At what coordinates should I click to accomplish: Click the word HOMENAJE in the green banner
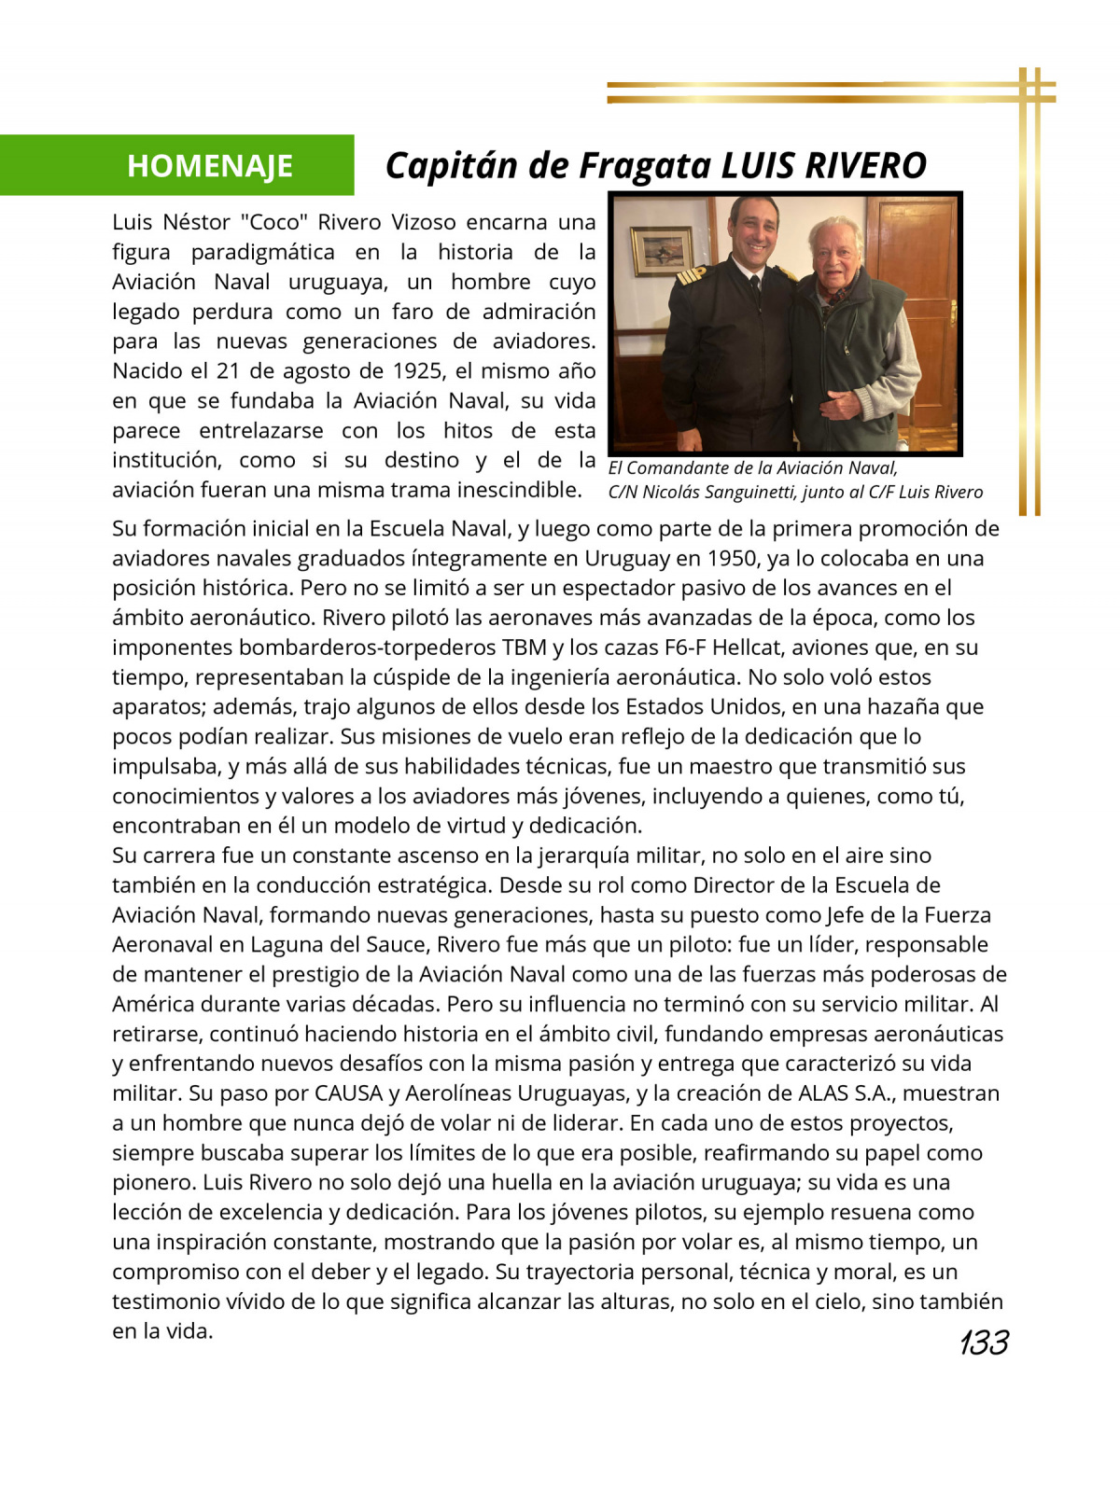click(x=210, y=166)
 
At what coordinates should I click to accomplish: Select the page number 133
click(x=983, y=1343)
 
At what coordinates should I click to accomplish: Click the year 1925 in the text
click(x=417, y=371)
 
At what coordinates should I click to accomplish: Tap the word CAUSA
click(x=349, y=1093)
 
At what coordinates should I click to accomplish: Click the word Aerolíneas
click(x=452, y=1093)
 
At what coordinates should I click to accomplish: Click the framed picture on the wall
click(x=662, y=251)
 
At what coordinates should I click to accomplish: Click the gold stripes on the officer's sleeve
click(x=692, y=274)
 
